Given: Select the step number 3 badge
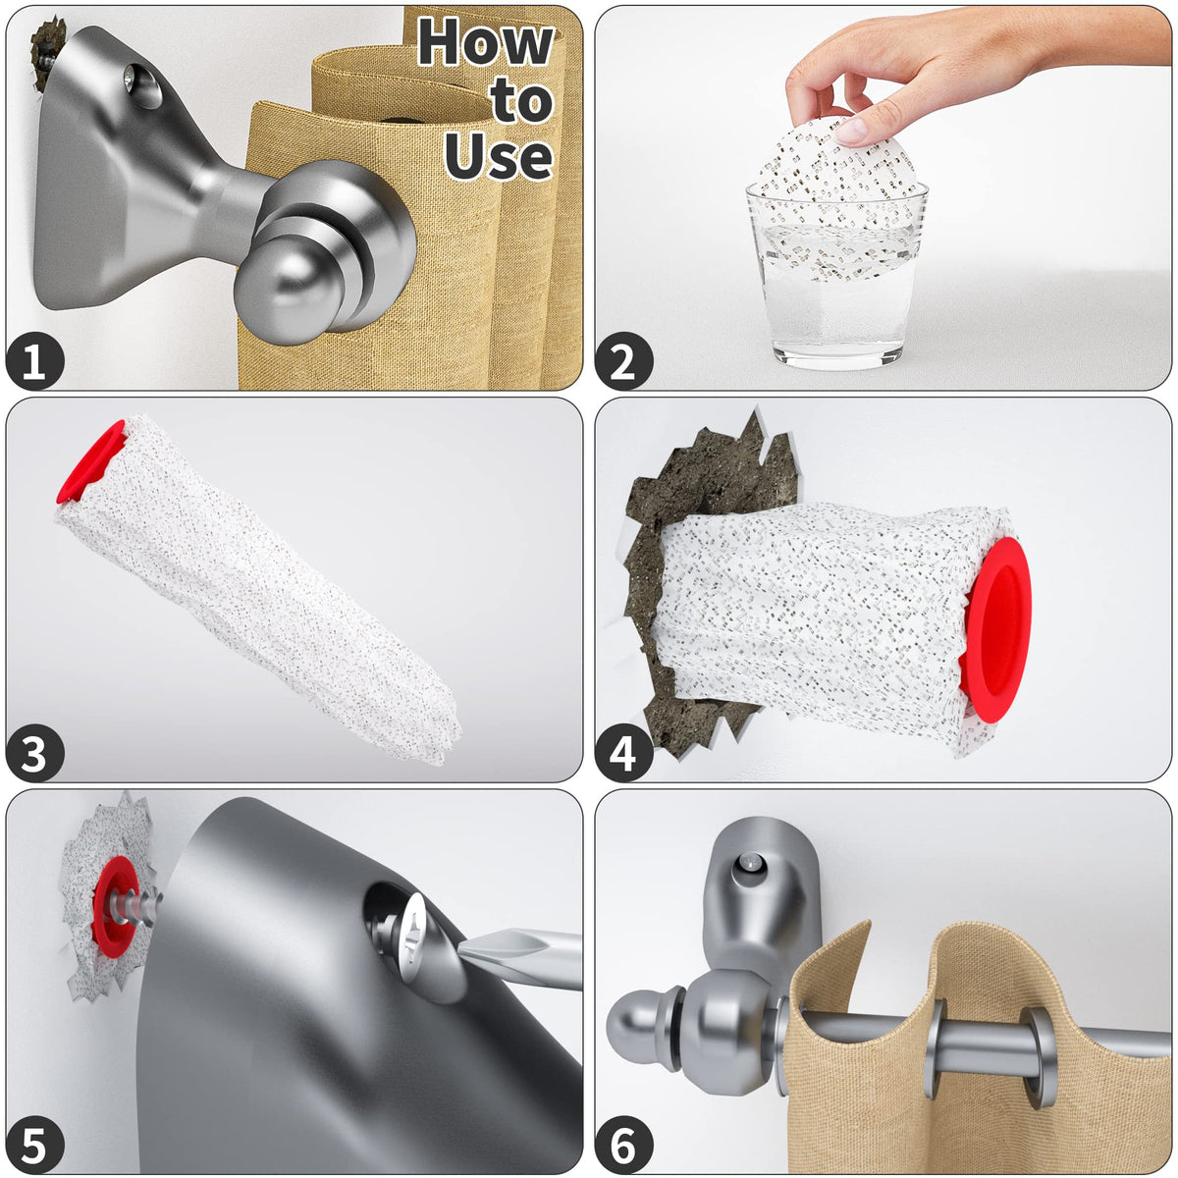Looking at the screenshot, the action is click(x=34, y=753).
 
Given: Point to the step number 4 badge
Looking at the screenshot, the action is click(x=623, y=753).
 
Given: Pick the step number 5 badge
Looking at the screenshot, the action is click(x=34, y=1145).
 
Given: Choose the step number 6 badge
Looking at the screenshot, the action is click(x=623, y=1145).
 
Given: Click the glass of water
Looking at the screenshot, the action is click(x=836, y=275).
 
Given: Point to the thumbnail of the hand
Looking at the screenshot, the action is click(x=850, y=131).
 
